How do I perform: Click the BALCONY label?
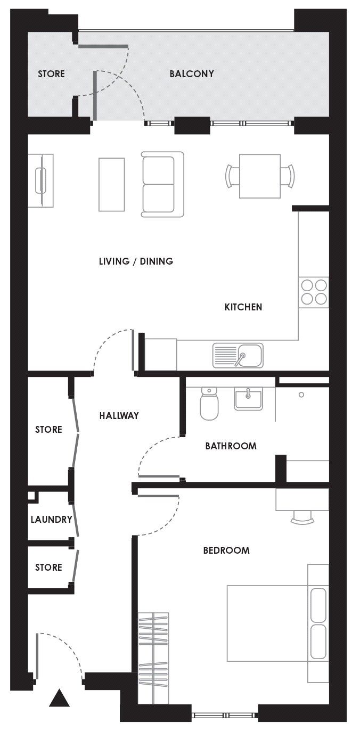[192, 74]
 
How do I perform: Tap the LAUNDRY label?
[51, 519]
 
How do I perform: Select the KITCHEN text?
[243, 307]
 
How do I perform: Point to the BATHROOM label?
[231, 446]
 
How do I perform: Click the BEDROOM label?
[226, 551]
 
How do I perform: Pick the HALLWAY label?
[119, 416]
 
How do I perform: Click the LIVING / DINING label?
[136, 261]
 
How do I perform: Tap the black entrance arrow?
[59, 698]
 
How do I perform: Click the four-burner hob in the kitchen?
[314, 292]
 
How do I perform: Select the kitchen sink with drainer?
[238, 356]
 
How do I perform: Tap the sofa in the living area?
[162, 184]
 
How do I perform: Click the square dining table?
[260, 176]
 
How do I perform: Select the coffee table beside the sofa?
[111, 184]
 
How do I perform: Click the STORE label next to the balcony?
[51, 74]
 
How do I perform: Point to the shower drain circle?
[301, 395]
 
